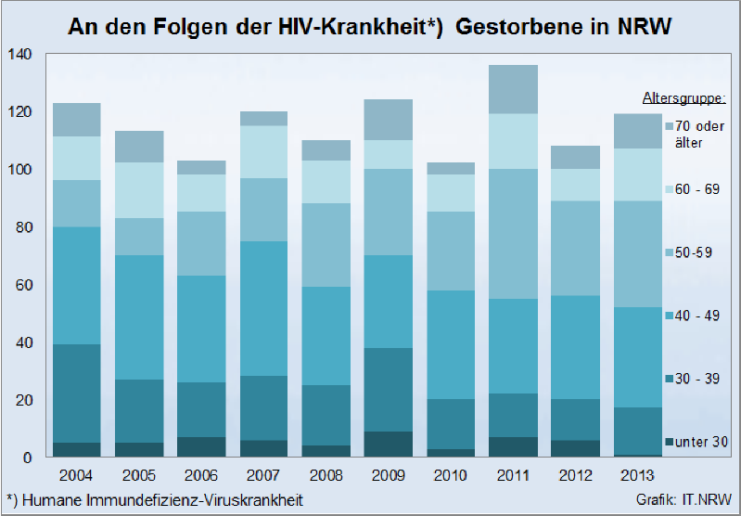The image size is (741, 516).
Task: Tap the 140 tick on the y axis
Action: (x=19, y=55)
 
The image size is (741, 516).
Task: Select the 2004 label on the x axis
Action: (x=77, y=476)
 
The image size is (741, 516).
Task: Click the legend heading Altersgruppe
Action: (x=684, y=97)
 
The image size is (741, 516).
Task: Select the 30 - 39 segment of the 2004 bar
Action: (x=77, y=393)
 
